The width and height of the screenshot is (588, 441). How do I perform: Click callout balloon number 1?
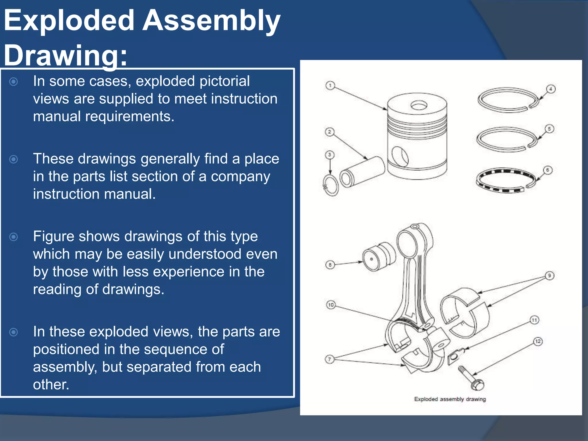[330, 86]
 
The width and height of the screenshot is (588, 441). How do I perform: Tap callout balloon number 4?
[551, 89]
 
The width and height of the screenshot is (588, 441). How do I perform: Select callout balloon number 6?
[548, 170]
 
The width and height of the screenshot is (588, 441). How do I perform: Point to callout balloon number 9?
[550, 276]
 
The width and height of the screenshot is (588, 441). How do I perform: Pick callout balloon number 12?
[538, 341]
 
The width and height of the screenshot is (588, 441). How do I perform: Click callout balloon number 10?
[331, 305]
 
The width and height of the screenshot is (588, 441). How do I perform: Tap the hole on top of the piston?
[419, 106]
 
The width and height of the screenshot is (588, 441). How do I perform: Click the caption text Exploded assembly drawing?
[450, 399]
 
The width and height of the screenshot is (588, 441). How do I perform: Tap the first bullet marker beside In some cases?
[13, 82]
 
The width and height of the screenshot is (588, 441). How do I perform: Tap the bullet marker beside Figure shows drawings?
[13, 237]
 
